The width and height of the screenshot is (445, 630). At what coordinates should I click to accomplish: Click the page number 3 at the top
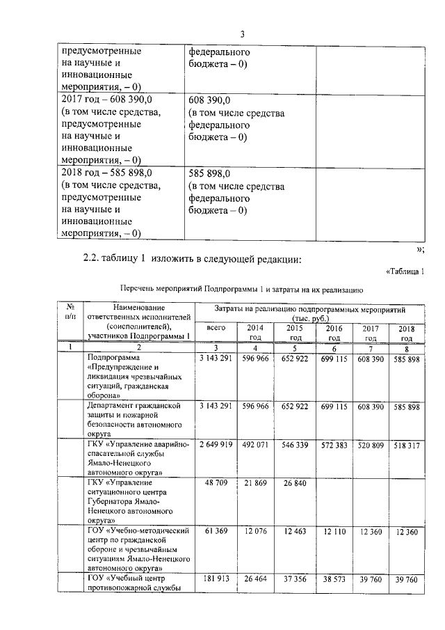(x=243, y=34)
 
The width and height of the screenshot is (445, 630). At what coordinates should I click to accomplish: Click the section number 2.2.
(x=92, y=259)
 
